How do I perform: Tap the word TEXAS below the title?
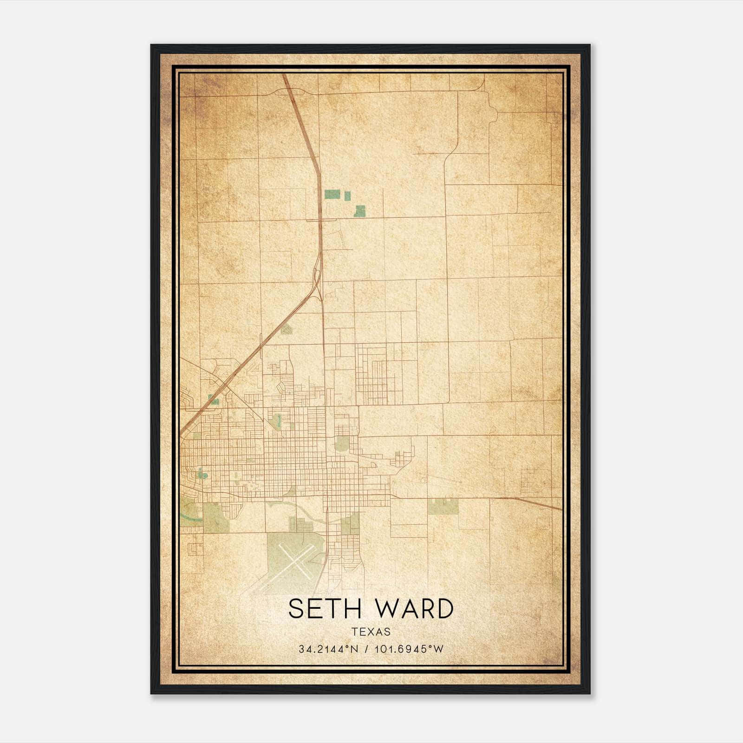(371, 632)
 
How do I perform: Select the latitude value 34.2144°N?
(329, 649)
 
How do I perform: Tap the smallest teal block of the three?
(347, 196)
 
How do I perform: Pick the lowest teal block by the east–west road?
(359, 211)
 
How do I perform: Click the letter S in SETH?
(295, 608)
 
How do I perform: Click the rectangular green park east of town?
(443, 507)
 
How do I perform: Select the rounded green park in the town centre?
(342, 443)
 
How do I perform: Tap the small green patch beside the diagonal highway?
(287, 329)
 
